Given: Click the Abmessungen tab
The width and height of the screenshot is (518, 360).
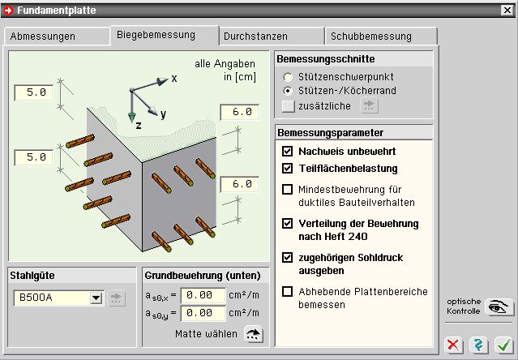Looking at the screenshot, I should coord(54,36).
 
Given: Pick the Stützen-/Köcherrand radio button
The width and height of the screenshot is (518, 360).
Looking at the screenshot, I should coord(287,89).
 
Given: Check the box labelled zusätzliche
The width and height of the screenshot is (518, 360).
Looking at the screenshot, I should coord(287,105).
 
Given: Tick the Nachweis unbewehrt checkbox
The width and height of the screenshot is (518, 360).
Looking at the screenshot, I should coord(287,152).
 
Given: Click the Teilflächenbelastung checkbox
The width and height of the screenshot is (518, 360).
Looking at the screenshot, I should coord(287,169).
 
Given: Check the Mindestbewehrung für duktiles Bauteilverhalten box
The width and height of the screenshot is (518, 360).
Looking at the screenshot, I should coord(287,190).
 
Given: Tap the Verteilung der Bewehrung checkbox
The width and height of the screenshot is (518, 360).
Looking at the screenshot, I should coord(287,223).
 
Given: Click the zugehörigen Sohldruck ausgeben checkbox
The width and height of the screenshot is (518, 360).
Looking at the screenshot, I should coord(287,257).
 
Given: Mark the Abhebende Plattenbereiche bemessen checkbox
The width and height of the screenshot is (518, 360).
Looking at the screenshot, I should coord(287,292).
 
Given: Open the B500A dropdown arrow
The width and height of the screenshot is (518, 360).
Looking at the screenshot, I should coord(96,298).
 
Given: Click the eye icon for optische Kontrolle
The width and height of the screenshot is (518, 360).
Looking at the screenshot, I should coord(499,307).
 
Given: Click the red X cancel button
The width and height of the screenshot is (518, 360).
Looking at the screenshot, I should coord(455,345).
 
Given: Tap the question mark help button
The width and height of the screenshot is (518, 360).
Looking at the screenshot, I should coord(479,345).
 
